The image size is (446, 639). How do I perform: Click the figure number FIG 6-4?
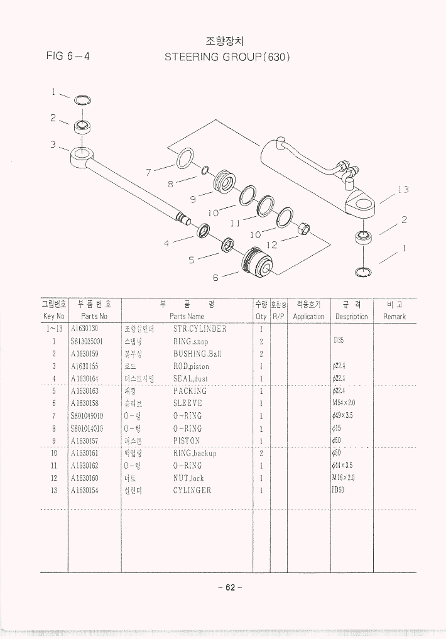68,56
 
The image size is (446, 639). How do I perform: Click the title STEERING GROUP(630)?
227,57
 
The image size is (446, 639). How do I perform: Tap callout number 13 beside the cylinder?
403,190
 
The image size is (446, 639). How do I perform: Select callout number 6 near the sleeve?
216,276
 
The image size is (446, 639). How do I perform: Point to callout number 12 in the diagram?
272,244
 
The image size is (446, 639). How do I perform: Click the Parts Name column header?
187,317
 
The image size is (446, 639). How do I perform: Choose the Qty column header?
261,317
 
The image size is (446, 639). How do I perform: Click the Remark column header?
394,317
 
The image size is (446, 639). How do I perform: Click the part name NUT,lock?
188,478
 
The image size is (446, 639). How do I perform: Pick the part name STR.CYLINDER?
199,329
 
